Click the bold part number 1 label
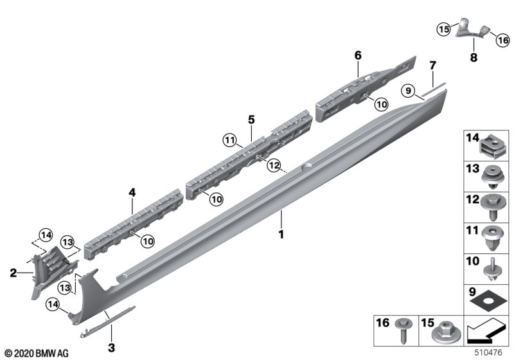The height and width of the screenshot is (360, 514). [281, 235]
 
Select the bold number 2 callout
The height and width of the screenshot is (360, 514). [13, 273]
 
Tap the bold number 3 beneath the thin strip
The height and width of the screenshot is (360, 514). [111, 348]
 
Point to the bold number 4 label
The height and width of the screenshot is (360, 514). [132, 192]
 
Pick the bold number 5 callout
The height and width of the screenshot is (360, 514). [251, 120]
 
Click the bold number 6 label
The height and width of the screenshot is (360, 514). [358, 55]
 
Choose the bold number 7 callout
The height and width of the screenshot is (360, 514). [432, 66]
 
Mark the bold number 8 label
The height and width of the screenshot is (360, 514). [474, 58]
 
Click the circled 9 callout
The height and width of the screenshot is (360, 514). [408, 90]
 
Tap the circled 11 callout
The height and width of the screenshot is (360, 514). [230, 141]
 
